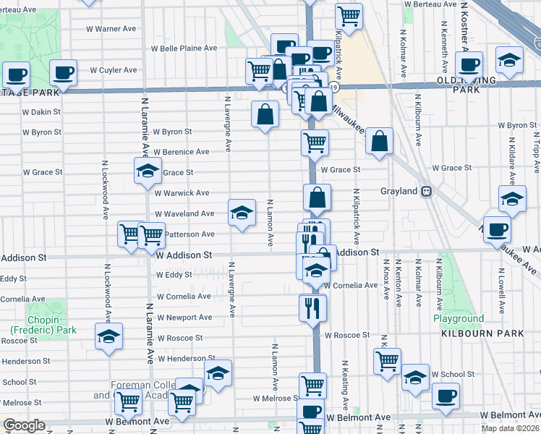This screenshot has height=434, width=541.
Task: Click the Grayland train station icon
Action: click(427, 192)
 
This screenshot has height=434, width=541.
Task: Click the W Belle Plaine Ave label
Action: click(184, 48)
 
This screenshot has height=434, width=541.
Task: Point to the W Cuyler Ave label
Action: click(113, 71)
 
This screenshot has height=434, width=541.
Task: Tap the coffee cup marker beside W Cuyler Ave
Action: click(63, 72)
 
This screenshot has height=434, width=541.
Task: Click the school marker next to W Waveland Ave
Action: click(242, 212)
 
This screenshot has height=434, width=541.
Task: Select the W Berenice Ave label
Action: click(182, 152)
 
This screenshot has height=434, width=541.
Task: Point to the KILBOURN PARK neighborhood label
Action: click(475, 335)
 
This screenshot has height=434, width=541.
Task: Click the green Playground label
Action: click(459, 319)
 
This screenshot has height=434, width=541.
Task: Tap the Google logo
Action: click(24, 425)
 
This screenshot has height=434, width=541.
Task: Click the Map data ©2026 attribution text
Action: click(511, 428)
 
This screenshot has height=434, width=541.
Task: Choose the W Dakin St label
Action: click(41, 112)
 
